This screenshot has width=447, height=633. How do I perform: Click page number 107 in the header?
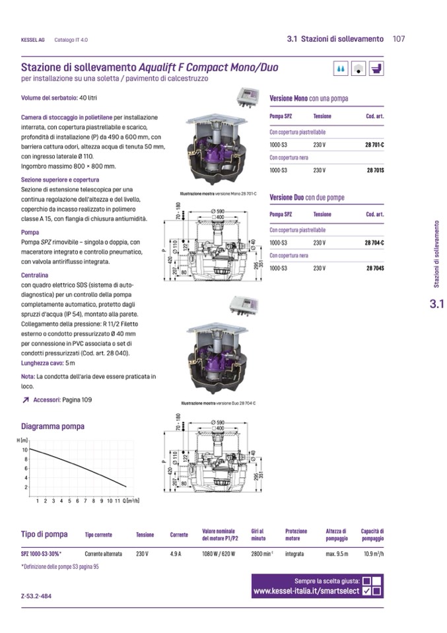pos(398,39)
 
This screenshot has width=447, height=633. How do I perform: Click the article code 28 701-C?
pos(374,144)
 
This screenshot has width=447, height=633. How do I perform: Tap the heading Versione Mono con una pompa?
pos(308,98)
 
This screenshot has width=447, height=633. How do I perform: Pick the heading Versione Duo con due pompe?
pos(307,197)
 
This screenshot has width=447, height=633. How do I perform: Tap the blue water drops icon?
pos(341,68)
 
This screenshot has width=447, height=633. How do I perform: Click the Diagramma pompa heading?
pos(53,426)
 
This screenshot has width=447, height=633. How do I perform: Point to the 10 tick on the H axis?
pos(25,450)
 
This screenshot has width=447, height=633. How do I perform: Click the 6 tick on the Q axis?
pos(77,502)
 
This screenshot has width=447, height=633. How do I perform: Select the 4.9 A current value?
pos(176,554)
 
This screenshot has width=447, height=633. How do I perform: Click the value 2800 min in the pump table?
pos(262,554)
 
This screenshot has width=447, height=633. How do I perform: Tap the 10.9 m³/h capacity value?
pos(373,554)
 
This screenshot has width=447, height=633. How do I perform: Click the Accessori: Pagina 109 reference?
pos(63,400)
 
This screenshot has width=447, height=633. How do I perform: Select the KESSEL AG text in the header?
pos(33,40)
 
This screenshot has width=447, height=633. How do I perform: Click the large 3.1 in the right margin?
pos(437,305)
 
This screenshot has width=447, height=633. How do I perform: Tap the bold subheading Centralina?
pos(36,274)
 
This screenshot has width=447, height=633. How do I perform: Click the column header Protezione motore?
pos(296,535)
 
